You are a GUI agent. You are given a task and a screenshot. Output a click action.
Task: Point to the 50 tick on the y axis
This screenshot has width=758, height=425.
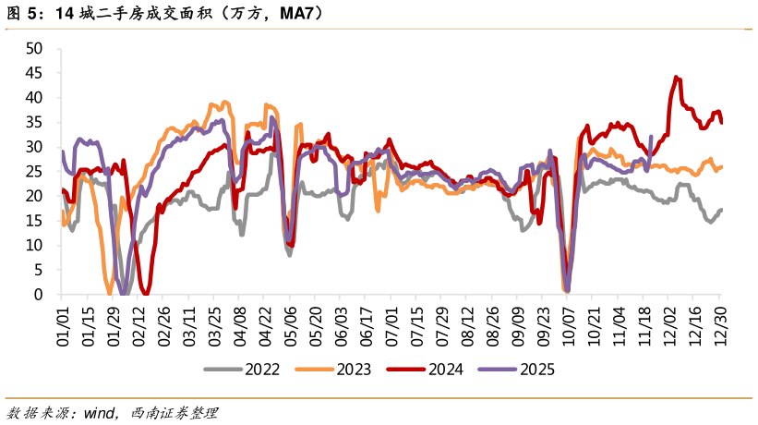35,48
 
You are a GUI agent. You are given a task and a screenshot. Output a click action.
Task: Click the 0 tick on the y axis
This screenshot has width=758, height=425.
40,295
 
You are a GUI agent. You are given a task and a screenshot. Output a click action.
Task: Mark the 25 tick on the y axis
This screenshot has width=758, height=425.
35,171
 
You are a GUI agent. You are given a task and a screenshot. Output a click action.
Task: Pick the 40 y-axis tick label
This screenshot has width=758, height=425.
35,97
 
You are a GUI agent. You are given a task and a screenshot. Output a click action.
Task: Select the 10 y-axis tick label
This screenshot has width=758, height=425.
35,245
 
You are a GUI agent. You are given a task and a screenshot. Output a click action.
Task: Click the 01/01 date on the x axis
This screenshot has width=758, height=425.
63,328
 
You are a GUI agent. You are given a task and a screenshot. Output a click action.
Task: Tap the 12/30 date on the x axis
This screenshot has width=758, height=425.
720,328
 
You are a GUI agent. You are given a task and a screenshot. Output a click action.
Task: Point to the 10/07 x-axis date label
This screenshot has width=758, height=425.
568,328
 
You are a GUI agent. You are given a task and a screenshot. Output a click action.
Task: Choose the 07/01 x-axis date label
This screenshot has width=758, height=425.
391,328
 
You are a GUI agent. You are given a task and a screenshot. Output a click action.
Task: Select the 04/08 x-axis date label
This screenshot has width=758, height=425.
239,328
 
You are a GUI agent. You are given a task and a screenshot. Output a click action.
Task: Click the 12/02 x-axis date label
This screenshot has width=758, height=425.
669,328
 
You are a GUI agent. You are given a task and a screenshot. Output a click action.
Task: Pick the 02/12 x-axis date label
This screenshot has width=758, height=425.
138,328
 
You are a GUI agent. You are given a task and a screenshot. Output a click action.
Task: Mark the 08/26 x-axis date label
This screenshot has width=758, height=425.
492,328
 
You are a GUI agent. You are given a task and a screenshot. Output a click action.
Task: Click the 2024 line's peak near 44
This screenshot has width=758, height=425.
677,78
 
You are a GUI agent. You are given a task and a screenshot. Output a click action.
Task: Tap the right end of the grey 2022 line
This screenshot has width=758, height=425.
721,210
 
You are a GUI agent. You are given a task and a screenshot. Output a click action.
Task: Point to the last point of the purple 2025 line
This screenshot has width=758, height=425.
651,137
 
